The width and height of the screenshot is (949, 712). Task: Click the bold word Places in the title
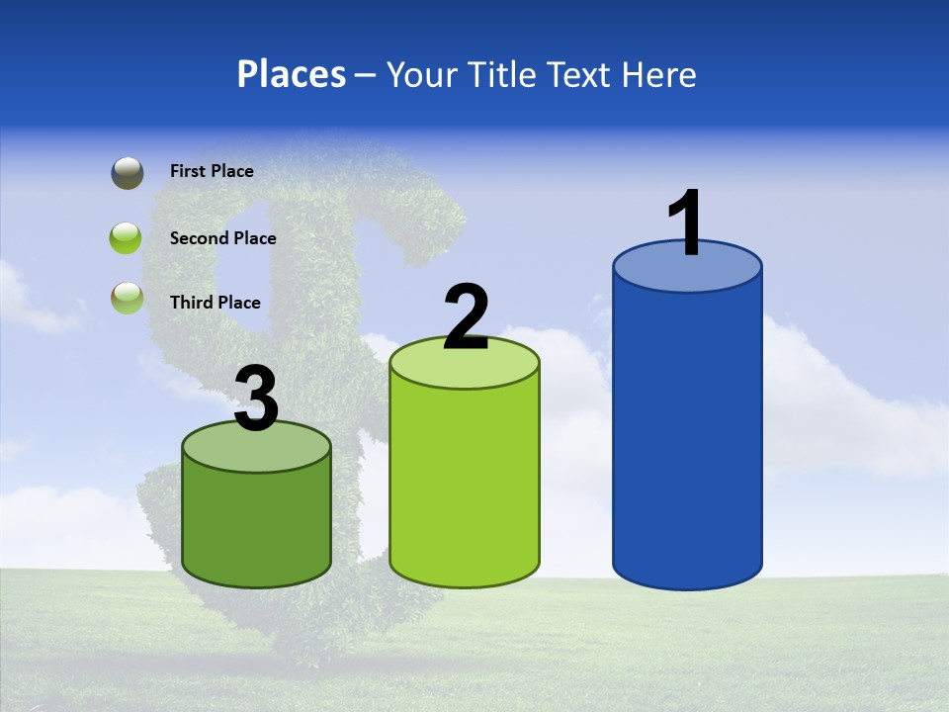coord(292,74)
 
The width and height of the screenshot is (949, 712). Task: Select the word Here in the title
coord(660,74)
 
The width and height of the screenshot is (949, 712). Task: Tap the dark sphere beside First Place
coord(127,172)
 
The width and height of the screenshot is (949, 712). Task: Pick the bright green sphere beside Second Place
coord(127,238)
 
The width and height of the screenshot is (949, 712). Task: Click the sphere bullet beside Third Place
coord(127,299)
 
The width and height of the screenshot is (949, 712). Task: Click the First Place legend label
coord(212,171)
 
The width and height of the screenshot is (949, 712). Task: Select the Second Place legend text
coord(222,238)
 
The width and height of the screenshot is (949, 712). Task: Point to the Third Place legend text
coord(215,303)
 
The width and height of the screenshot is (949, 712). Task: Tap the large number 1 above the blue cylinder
coord(685,223)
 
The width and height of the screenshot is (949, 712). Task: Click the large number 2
coord(466,317)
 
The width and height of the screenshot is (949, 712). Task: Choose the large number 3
coord(256,400)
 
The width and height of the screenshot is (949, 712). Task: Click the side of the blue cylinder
coord(687,435)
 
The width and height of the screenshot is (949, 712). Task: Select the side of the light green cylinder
coord(465,485)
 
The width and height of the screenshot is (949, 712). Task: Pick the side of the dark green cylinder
coord(256,524)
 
